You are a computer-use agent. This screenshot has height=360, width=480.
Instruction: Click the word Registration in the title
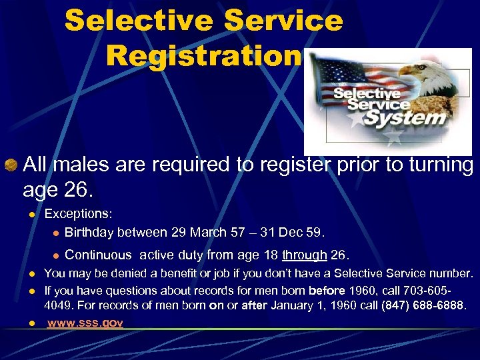coord(203,57)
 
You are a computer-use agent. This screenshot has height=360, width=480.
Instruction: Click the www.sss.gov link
coord(85,323)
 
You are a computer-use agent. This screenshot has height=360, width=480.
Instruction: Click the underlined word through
coord(304,255)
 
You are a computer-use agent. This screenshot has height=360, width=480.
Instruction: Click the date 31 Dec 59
coord(294,233)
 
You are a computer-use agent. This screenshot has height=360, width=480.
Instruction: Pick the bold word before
coord(327,291)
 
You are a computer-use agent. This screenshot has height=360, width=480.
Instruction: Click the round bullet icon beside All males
coord(11,164)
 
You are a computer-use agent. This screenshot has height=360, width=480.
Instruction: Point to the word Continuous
coord(98,255)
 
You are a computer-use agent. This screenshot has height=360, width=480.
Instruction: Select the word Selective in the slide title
coord(138,21)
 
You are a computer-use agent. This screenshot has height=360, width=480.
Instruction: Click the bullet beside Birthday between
coord(57,233)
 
